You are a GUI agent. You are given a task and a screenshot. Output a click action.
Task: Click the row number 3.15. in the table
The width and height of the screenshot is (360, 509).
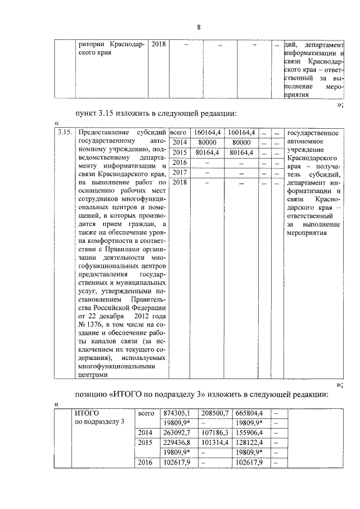pyautogui.click(x=65, y=133)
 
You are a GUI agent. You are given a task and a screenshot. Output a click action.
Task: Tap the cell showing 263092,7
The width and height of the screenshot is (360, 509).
pyautogui.click(x=176, y=433)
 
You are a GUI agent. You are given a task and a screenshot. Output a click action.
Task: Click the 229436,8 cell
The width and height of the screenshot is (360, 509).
pyautogui.click(x=176, y=443)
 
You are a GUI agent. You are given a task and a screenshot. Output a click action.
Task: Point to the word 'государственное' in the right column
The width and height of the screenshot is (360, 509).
pyautogui.click(x=313, y=133)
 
